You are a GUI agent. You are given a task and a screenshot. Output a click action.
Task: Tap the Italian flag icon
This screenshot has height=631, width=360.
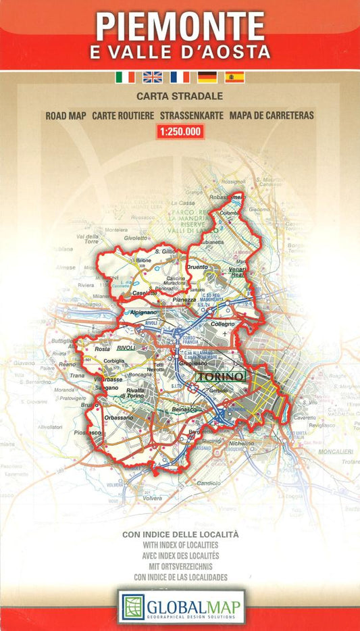[126, 77]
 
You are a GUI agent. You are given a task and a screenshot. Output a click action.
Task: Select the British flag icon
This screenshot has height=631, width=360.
[153, 77]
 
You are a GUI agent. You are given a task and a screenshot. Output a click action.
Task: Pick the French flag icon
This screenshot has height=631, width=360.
[180, 77]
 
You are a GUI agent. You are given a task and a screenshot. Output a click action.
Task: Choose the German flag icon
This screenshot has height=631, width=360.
[207, 77]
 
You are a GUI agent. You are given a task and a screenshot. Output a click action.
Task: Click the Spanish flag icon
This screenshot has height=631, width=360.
[234, 77]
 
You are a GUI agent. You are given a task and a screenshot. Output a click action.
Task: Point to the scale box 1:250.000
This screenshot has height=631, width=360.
[180, 132]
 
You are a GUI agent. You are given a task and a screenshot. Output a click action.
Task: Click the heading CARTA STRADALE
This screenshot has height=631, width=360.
[180, 97]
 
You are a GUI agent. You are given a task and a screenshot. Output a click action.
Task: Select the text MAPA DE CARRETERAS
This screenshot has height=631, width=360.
[272, 116]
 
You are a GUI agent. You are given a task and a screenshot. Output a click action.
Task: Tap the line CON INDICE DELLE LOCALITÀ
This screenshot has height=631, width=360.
[180, 534]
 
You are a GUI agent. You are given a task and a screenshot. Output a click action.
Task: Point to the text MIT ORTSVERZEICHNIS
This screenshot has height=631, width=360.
[180, 566]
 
